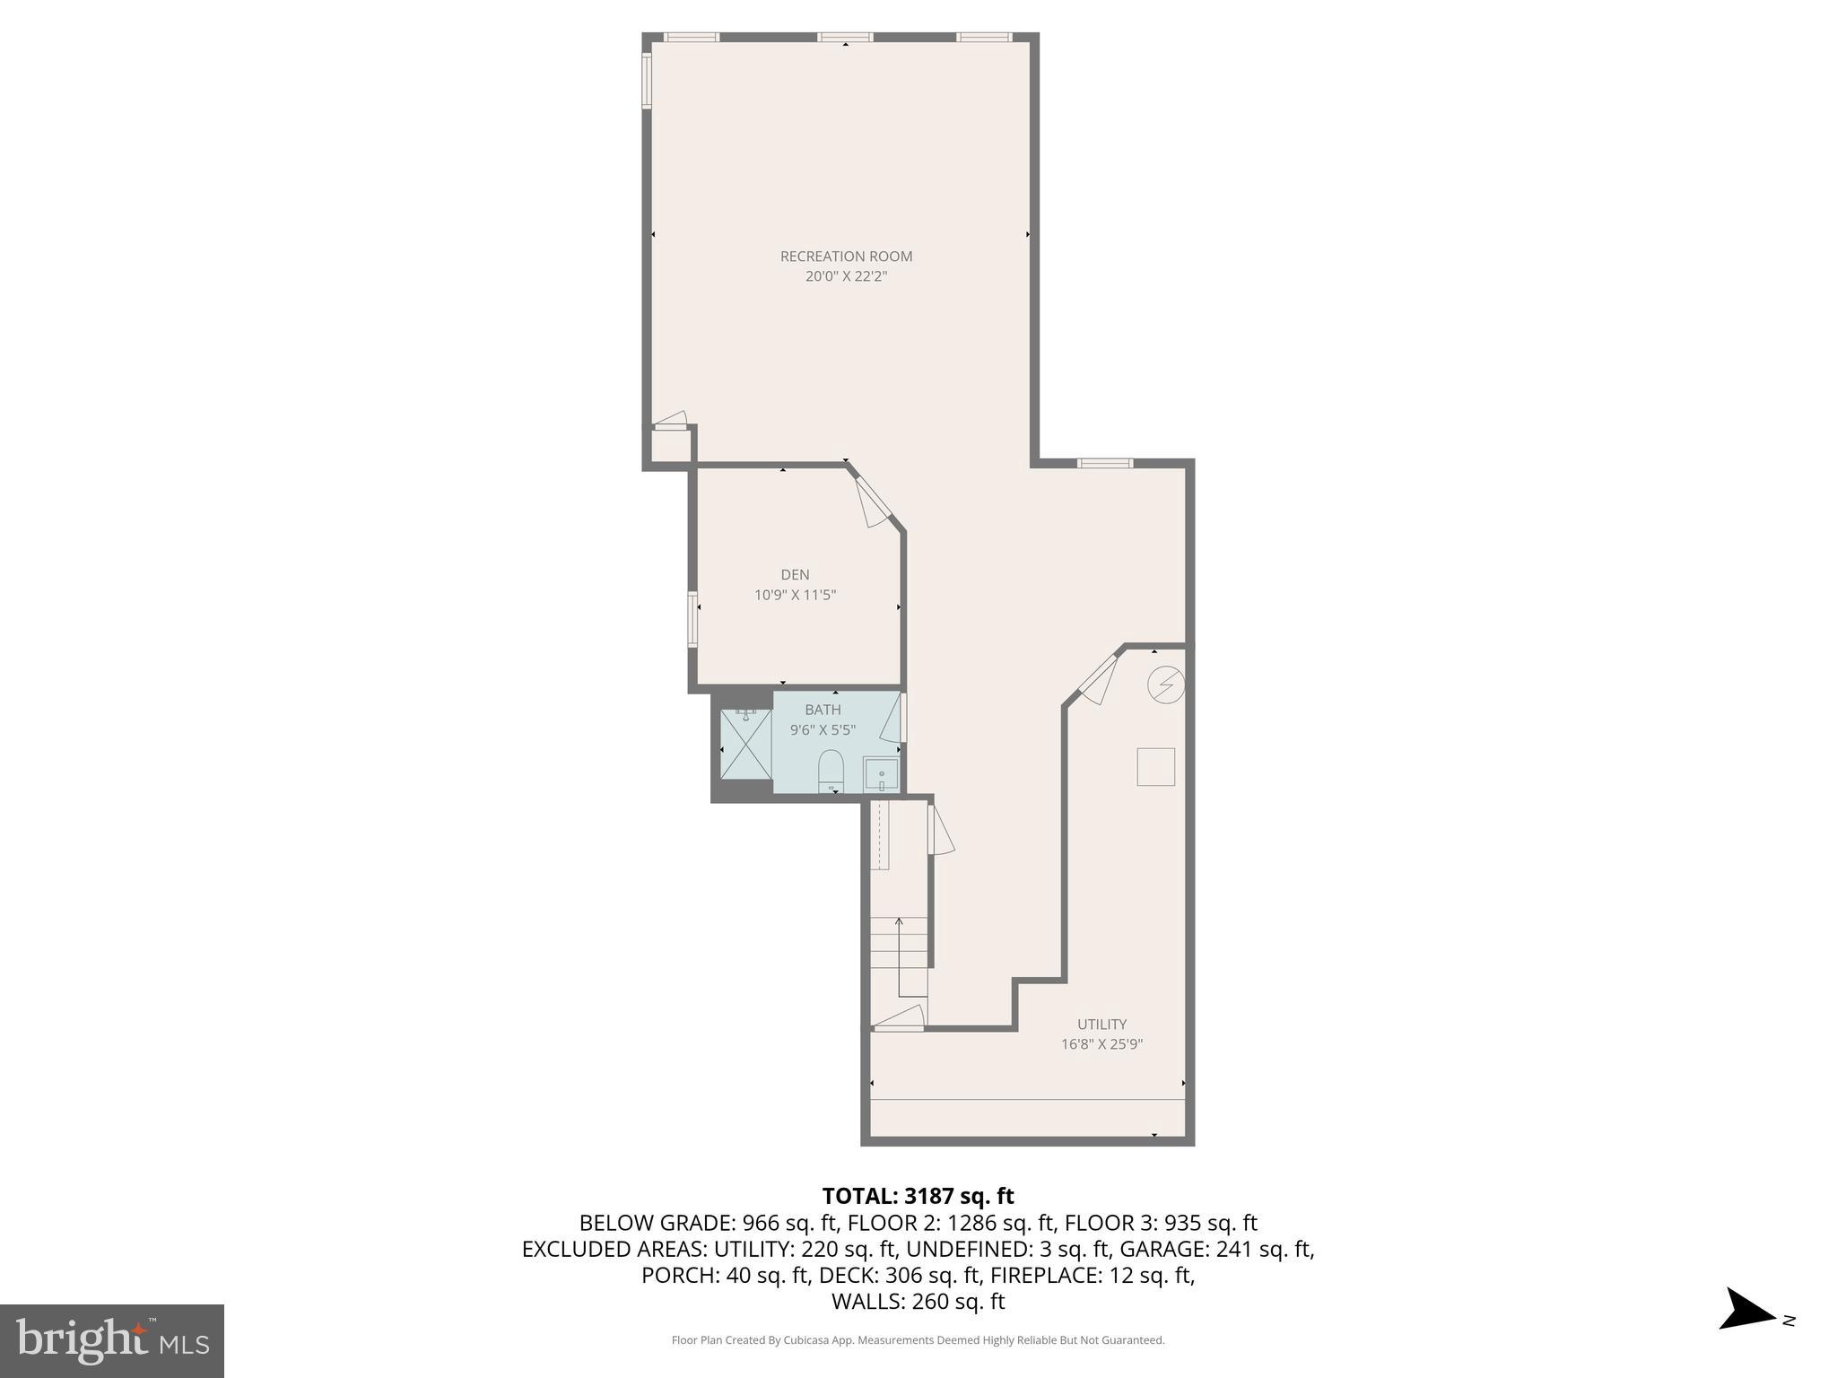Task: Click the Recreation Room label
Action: (846, 256)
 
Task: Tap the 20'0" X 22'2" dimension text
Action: (846, 276)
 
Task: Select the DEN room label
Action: (795, 574)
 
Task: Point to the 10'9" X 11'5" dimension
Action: (795, 595)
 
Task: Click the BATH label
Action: (823, 710)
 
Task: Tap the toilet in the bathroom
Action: (831, 770)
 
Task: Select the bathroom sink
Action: (881, 773)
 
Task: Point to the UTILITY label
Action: (1101, 1024)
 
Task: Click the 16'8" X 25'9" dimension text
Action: (1101, 1044)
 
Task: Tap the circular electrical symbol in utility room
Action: (1166, 685)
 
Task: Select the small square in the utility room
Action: (1155, 767)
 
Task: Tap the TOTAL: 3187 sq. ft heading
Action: (918, 1196)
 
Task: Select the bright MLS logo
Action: (112, 1340)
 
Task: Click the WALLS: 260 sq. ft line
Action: (918, 1301)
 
